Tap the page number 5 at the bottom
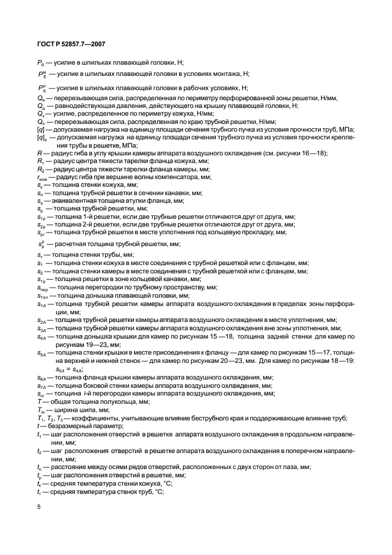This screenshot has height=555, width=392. click(x=39, y=507)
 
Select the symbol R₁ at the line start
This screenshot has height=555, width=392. click(x=40, y=161)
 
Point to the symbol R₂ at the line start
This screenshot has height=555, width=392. click(x=40, y=169)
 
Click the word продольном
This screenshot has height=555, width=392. click(x=303, y=434)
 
